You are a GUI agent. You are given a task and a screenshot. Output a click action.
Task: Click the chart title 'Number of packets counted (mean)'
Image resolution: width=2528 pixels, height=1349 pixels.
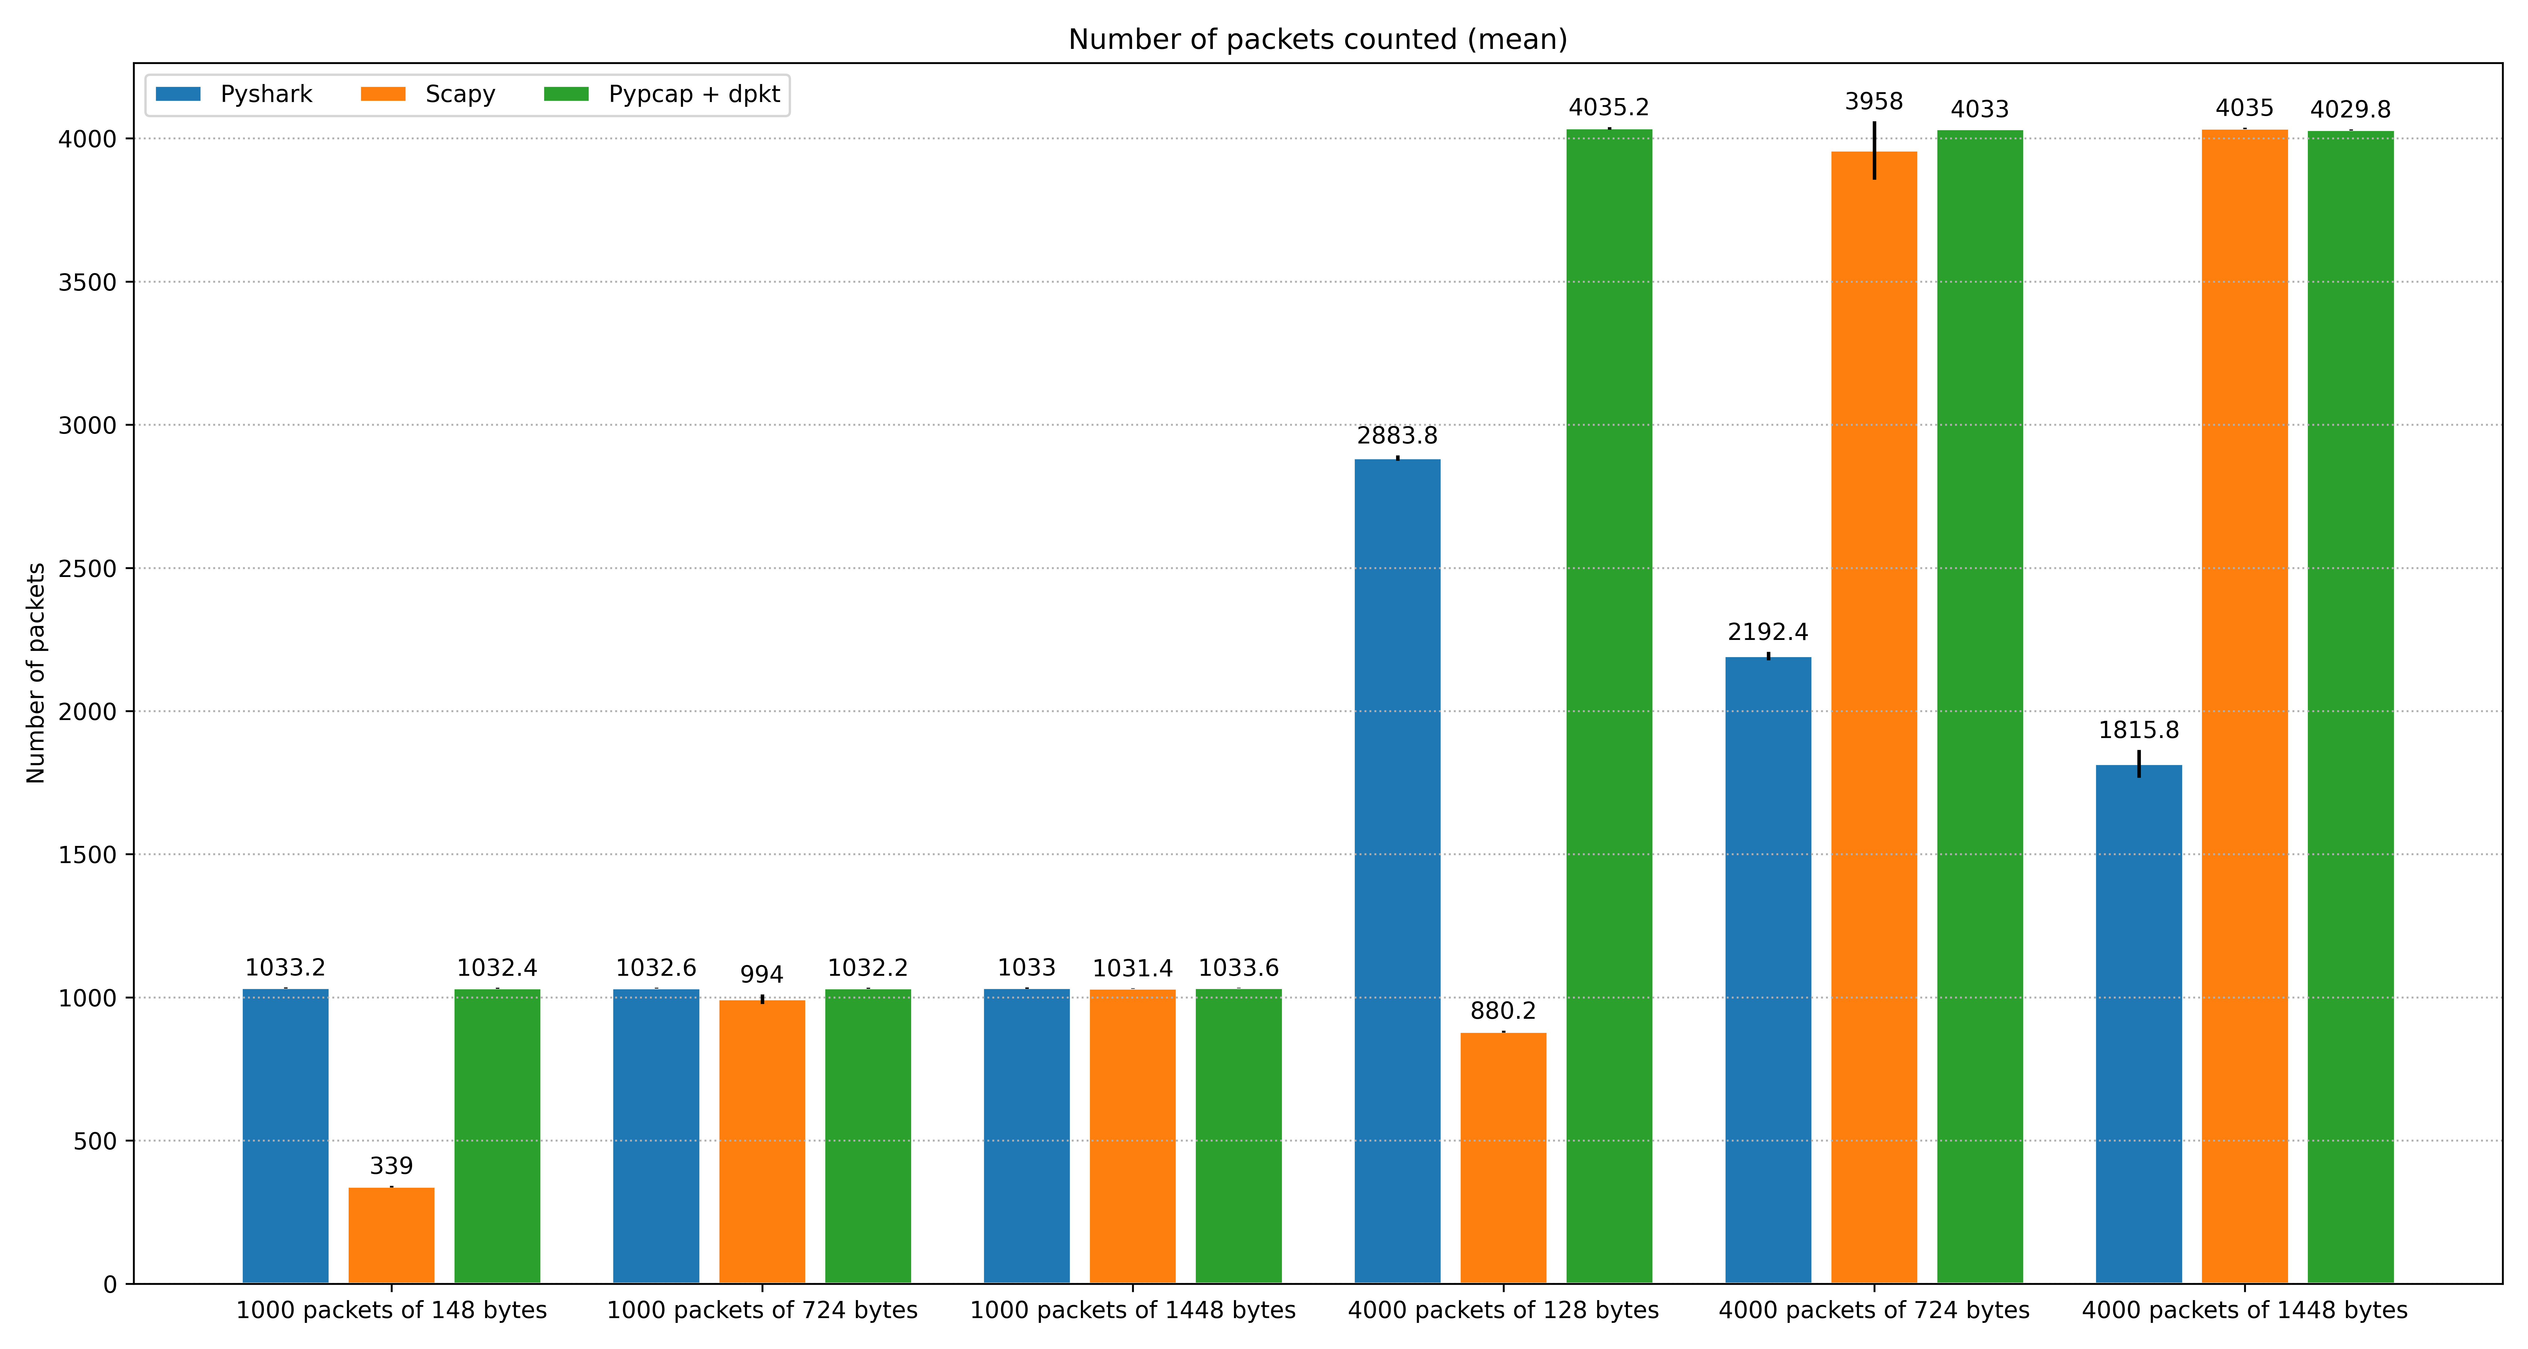coord(1317,39)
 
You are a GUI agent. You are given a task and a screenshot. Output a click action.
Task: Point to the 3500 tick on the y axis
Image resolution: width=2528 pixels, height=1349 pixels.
coord(87,283)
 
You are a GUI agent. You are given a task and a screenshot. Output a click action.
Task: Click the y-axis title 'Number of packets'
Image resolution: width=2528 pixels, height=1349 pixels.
coord(36,674)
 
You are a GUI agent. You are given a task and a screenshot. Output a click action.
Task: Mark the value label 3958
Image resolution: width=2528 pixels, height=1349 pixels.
coord(1874,102)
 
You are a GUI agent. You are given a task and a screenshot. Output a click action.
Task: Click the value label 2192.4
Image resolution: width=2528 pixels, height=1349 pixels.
coord(1768,632)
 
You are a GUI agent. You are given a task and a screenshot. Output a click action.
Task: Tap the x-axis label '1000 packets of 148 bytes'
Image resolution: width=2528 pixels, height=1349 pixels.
coord(392,1311)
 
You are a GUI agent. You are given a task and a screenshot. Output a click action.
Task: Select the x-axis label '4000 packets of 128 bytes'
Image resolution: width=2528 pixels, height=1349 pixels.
coord(1503,1311)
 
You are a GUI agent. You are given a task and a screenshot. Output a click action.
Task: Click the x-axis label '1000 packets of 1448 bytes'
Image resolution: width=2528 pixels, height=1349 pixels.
coord(1133,1311)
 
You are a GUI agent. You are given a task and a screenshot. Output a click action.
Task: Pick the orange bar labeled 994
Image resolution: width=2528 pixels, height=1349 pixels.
coord(763,1142)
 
